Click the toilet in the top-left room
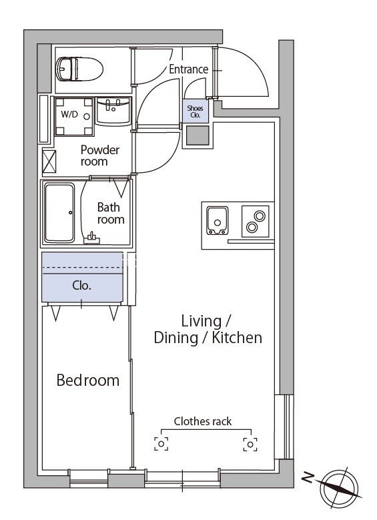(79, 69)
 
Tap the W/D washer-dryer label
(69, 114)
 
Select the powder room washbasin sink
(113, 111)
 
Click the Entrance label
(189, 69)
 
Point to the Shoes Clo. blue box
(196, 111)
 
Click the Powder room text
(99, 156)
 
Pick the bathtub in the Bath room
(59, 212)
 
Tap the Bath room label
(111, 213)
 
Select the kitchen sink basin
(217, 220)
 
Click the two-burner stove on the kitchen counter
(256, 221)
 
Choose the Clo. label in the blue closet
(81, 286)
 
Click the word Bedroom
(88, 380)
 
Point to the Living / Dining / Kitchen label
(208, 329)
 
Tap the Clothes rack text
(203, 421)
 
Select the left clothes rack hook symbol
(161, 444)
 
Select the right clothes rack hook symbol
(250, 444)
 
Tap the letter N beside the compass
(308, 477)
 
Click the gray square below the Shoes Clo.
(198, 136)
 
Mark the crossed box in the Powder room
(49, 162)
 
